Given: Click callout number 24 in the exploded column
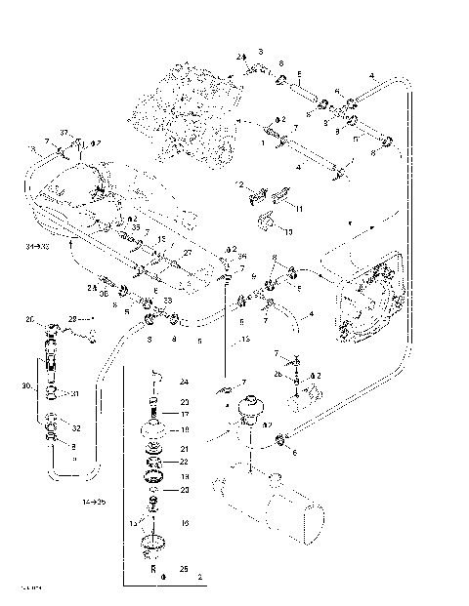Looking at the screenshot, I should (x=183, y=382).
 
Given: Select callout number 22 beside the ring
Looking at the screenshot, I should (x=183, y=462).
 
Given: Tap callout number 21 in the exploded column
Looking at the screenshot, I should (x=183, y=449).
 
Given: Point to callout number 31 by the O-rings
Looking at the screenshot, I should (x=74, y=394).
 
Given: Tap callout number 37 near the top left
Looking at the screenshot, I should (x=64, y=133).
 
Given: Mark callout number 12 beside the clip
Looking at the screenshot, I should (x=238, y=184).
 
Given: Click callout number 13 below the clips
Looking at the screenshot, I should (x=287, y=234).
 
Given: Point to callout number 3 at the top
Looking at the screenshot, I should (x=261, y=50).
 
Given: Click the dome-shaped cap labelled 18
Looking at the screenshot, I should (x=152, y=429).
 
